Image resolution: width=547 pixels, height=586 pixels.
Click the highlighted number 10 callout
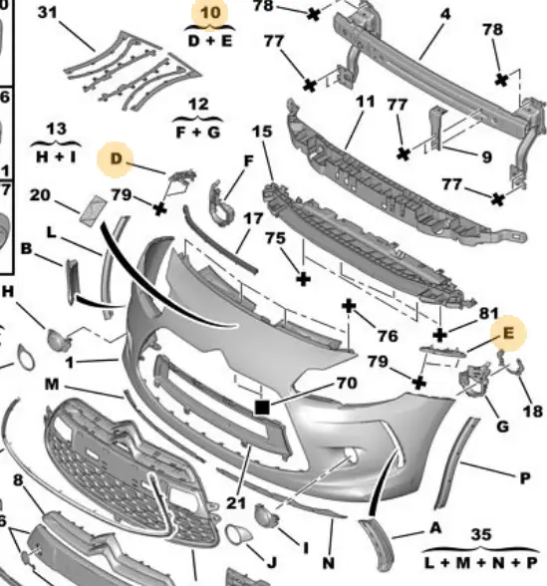[x=210, y=13]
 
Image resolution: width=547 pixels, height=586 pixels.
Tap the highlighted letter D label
[x=117, y=158]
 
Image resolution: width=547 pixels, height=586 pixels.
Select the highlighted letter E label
[x=508, y=333]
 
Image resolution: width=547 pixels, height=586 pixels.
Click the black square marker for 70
[x=261, y=408]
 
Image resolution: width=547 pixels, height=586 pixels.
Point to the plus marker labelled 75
[x=303, y=279]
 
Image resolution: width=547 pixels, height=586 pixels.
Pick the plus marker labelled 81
[x=439, y=335]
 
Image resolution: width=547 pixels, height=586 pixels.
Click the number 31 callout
[x=48, y=13]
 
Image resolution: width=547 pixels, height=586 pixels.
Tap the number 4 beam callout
[x=445, y=14]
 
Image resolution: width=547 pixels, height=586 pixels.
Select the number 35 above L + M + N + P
[x=481, y=535]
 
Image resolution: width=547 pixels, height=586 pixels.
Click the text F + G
[x=198, y=133]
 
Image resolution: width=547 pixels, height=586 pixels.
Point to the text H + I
[x=56, y=157]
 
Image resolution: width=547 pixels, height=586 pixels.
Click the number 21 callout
[x=236, y=503]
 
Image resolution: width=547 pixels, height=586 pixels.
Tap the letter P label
[x=525, y=478]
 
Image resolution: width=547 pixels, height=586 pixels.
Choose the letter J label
[x=272, y=562]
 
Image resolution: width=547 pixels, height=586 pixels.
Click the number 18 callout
[x=533, y=412]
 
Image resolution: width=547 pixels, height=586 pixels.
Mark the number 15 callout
[x=262, y=132]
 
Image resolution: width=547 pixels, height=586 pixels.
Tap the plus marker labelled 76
[x=349, y=307]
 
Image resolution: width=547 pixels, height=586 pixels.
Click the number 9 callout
[x=486, y=157]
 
